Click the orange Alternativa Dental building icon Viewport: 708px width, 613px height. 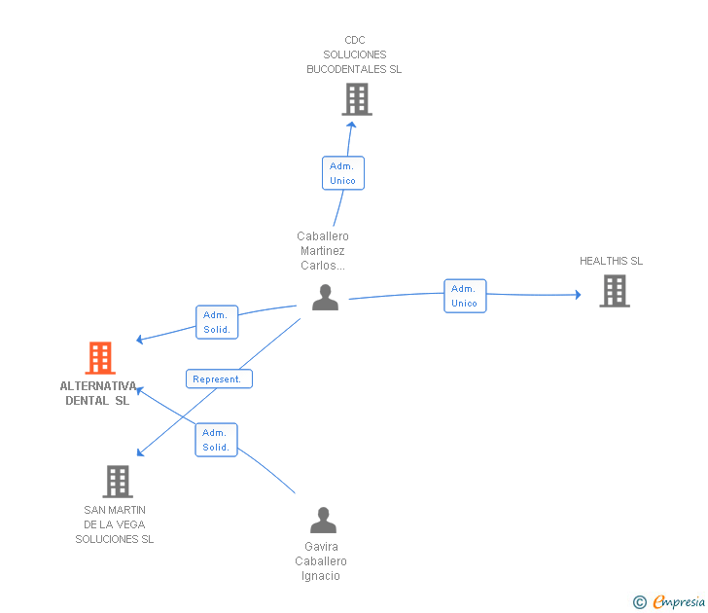(x=100, y=358)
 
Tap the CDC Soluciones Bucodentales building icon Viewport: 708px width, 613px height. (x=357, y=99)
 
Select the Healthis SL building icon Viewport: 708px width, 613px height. (x=615, y=291)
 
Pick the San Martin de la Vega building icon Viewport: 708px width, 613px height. (x=118, y=482)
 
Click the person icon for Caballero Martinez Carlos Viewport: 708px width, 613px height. (x=325, y=297)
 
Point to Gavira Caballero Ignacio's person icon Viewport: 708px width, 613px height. (x=323, y=520)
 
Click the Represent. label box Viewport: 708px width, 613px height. (x=219, y=379)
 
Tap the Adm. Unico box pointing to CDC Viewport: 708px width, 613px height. (x=343, y=173)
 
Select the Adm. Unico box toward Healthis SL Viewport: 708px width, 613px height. (x=465, y=296)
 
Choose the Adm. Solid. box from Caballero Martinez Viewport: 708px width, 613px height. (x=217, y=322)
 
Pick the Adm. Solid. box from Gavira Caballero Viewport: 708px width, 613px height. (x=216, y=440)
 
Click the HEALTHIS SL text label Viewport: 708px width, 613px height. (x=611, y=261)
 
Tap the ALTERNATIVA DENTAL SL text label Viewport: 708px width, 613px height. (x=98, y=393)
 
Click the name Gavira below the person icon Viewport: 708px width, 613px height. (x=321, y=547)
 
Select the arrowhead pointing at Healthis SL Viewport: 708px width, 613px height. (x=578, y=295)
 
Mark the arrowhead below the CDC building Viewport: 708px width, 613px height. (x=351, y=125)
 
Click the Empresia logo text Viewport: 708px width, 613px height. (x=678, y=601)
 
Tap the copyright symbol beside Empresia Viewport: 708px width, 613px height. (x=639, y=602)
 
